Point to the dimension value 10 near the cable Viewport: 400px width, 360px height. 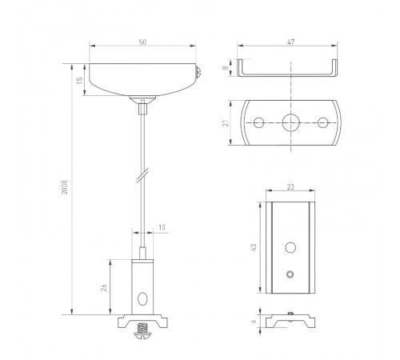tap(162, 228)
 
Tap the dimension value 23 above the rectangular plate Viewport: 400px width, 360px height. tap(289, 186)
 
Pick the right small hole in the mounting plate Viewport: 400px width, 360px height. tap(323, 122)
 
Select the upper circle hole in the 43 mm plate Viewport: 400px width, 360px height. tap(290, 246)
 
